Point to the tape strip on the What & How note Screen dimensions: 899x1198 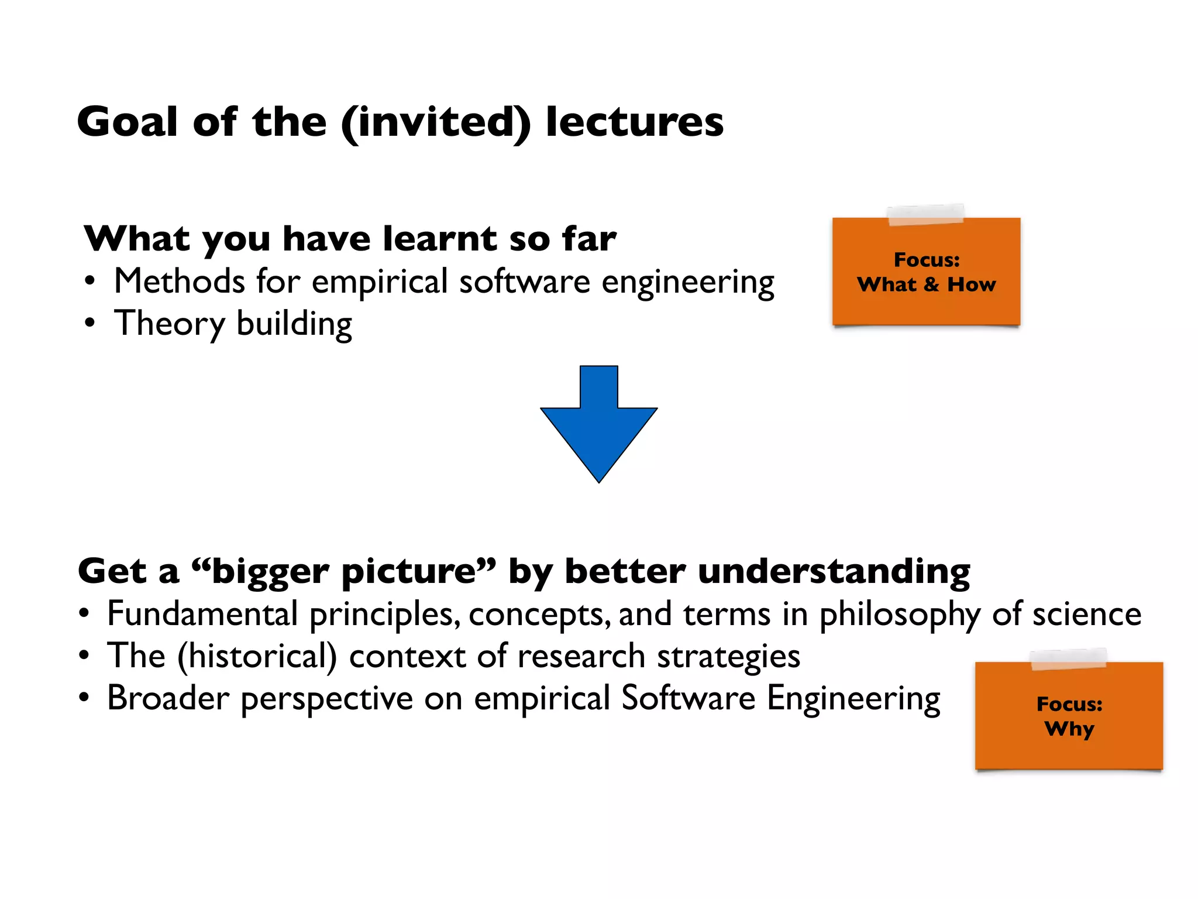click(x=925, y=215)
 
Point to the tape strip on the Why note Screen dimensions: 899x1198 click(x=1068, y=659)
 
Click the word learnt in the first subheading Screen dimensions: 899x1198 click(x=439, y=239)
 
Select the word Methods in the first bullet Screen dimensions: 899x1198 click(x=179, y=282)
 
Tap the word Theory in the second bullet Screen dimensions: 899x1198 click(x=170, y=324)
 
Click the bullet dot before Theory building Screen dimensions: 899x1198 click(x=89, y=324)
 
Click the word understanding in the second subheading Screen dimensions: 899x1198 click(x=834, y=572)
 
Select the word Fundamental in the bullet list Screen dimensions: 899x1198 click(x=202, y=614)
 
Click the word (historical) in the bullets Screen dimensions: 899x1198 click(x=257, y=657)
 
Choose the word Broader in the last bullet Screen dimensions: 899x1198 click(x=168, y=698)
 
